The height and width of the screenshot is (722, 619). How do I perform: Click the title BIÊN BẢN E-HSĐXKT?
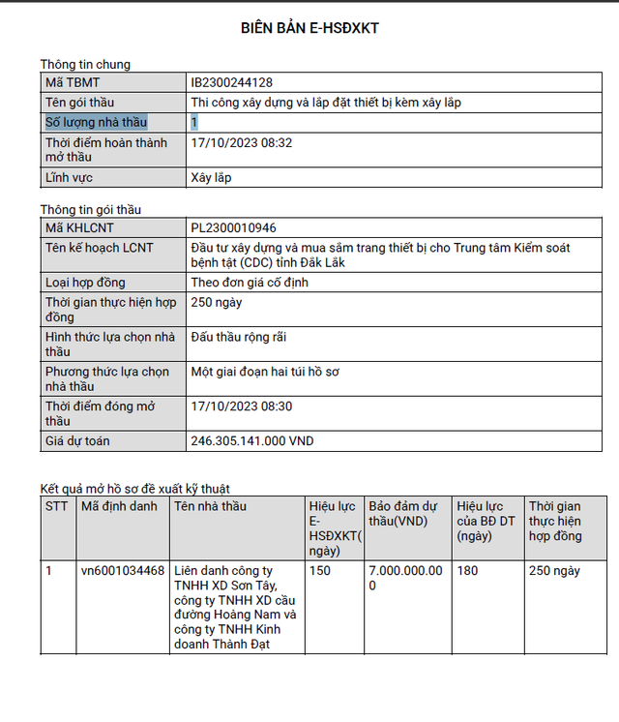(309, 28)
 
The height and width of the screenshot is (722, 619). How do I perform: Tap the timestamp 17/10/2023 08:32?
(242, 143)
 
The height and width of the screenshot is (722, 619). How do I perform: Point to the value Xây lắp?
(212, 177)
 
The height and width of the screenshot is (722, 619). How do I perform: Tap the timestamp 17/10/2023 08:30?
(242, 406)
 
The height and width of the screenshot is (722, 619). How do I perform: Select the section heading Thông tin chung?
(85, 65)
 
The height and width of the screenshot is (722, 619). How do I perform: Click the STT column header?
(56, 506)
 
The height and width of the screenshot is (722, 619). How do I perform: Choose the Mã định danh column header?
(118, 506)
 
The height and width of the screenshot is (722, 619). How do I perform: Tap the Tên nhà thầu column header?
(210, 506)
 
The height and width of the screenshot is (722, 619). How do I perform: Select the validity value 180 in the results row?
(467, 571)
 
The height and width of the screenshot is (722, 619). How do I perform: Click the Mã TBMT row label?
(73, 83)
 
